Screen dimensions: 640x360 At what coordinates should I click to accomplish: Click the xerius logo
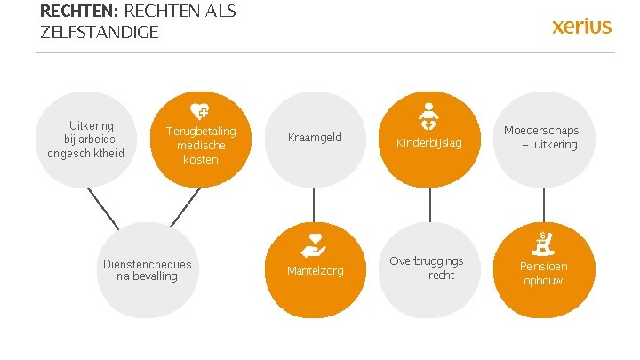[581, 26]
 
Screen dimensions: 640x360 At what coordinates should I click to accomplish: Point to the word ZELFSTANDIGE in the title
[100, 33]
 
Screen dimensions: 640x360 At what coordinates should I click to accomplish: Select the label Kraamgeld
[315, 138]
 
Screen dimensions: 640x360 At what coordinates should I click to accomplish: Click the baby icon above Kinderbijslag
[430, 115]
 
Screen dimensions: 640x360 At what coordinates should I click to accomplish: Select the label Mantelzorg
[315, 270]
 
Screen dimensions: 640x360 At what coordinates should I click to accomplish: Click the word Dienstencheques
[148, 264]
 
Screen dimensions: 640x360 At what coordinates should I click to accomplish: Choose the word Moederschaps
[541, 131]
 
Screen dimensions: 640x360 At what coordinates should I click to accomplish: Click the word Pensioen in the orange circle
[543, 267]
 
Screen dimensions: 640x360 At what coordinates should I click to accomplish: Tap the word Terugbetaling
[201, 132]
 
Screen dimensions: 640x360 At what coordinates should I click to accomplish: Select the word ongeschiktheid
[86, 152]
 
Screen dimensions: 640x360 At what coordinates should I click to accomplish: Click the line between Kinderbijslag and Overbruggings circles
[430, 204]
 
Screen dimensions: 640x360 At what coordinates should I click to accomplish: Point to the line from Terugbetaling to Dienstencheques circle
[185, 207]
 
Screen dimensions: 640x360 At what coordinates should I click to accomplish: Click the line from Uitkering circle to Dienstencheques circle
[103, 209]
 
